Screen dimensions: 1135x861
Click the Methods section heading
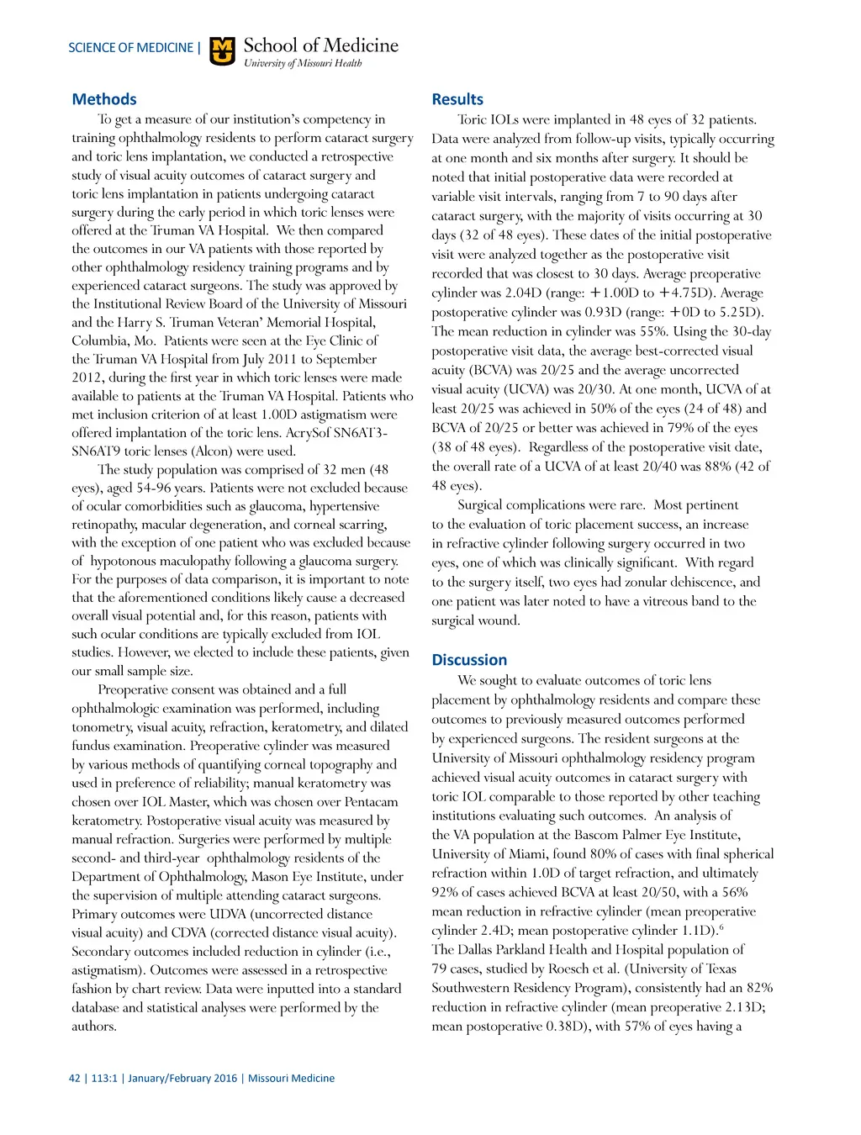pos(104,99)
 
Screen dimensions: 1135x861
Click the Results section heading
pos(457,99)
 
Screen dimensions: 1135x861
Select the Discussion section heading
pos(469,660)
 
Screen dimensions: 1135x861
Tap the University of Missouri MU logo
pos(222,50)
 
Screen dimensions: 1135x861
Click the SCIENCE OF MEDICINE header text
pos(130,48)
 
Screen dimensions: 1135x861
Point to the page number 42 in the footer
pos(75,1078)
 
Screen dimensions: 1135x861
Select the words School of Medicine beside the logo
pos(321,45)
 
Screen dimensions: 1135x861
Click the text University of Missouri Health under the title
pos(303,63)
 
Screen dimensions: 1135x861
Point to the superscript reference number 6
pos(722,926)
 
